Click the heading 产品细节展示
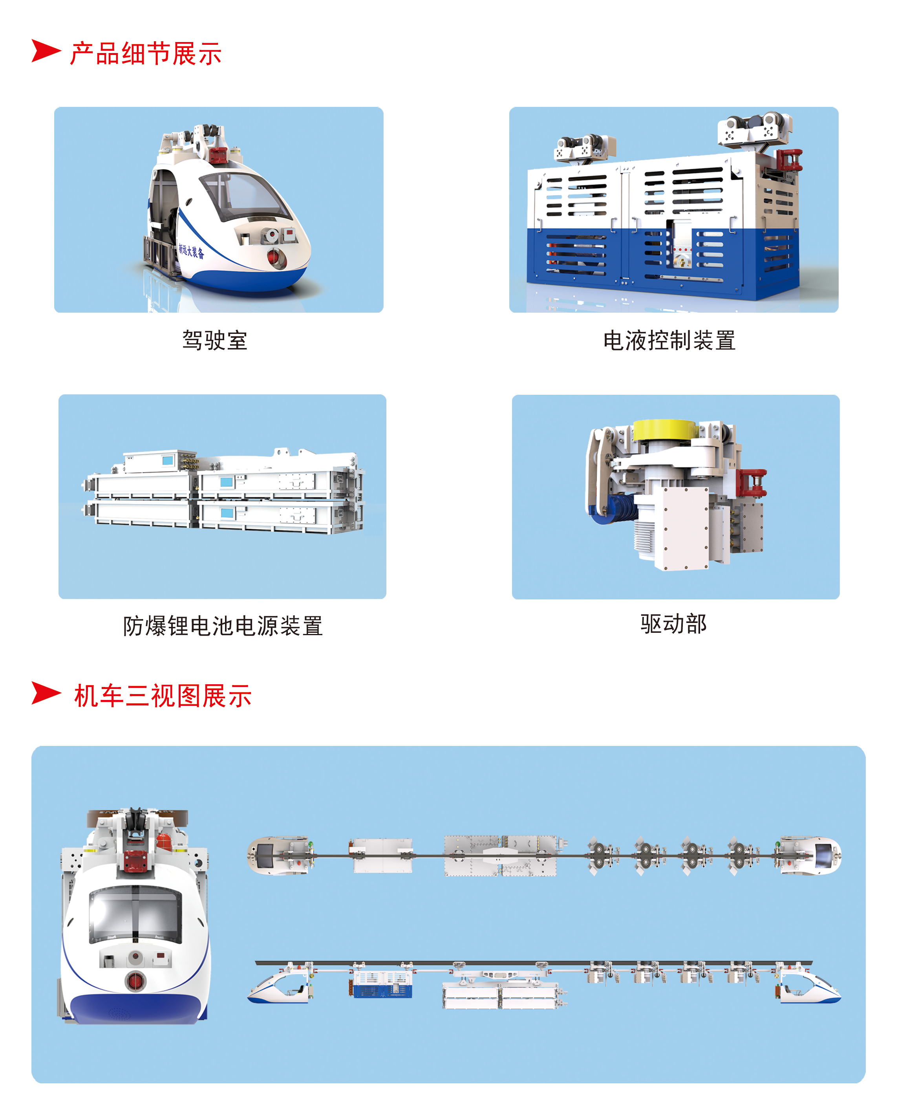click(146, 54)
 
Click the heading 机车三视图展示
click(163, 696)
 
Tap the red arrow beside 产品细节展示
click(46, 51)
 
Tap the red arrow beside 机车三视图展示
click(46, 693)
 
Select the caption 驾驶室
click(215, 341)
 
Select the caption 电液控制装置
click(669, 341)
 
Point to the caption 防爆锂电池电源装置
click(223, 626)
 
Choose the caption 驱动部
click(673, 623)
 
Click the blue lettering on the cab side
click(191, 251)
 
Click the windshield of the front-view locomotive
click(135, 915)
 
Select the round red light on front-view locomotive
click(135, 980)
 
